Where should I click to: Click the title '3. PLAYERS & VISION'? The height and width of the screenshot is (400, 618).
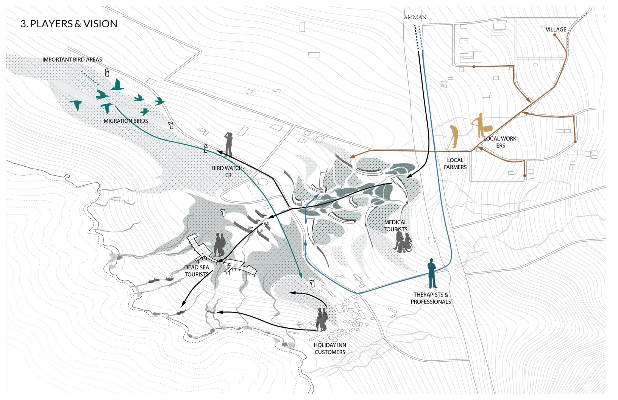69,24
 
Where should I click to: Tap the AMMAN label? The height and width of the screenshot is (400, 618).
415,17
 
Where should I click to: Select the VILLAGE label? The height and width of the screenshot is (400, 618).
556,29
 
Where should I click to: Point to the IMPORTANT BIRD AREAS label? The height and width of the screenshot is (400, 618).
72,59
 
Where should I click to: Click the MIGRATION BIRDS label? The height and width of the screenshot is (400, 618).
126,121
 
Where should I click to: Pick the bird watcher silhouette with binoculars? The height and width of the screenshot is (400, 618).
228,144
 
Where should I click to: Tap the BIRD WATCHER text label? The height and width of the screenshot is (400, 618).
228,171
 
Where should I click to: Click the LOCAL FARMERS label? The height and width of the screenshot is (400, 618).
455,164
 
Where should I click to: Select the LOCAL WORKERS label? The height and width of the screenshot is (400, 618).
501,142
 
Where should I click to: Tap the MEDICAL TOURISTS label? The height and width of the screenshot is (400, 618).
395,226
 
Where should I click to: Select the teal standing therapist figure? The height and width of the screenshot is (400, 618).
431,273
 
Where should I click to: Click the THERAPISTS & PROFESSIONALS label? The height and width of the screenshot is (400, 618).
431,298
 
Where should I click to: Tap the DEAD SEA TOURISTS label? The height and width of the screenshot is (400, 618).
197,271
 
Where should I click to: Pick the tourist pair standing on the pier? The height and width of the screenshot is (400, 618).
219,245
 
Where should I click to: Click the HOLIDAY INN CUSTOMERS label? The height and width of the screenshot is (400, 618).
330,348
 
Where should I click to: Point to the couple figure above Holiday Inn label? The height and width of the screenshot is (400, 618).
321,320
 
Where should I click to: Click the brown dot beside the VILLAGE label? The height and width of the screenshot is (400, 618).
555,35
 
